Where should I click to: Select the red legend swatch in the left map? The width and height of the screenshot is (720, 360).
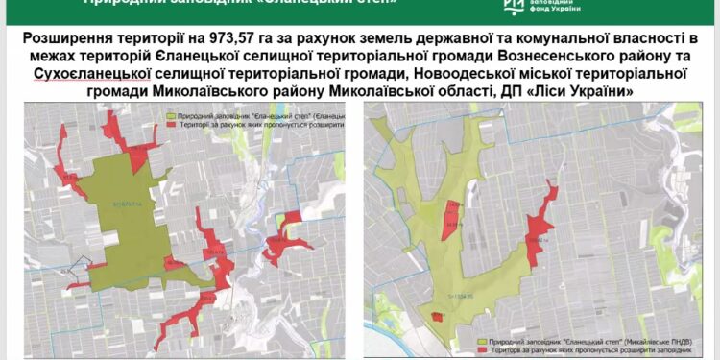(171, 125)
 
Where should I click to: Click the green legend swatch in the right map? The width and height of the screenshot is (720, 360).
(482, 339)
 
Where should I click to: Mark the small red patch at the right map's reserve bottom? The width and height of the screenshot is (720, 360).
(439, 316)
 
